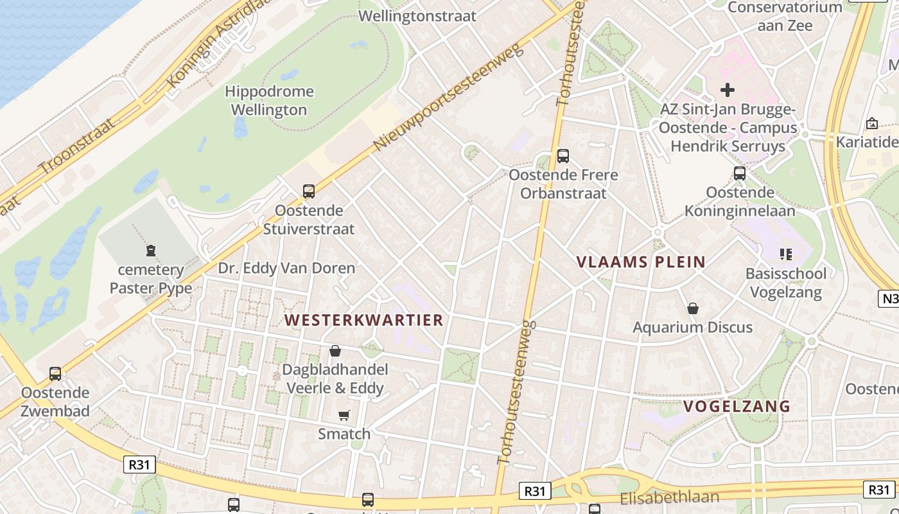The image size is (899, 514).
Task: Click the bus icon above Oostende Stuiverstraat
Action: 309,191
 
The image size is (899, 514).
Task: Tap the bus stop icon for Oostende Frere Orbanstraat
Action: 563,155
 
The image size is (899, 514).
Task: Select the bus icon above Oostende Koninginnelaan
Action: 740,173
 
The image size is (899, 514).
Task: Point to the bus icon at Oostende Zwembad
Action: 55,373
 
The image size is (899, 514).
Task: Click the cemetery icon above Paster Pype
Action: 151,250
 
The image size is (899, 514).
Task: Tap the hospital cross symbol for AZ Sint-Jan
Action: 727,89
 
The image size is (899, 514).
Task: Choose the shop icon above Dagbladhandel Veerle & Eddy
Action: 335,351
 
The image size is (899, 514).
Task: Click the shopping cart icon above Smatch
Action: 344,415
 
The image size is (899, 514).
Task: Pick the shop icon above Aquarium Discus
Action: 693,308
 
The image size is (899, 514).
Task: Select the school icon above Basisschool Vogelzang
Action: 785,254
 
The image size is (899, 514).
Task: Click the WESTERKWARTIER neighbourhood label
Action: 364,320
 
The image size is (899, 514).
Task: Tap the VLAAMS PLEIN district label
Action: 641,262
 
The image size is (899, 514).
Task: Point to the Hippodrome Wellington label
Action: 269,101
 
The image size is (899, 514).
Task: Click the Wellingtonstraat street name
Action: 417,16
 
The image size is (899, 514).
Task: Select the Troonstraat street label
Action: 76,146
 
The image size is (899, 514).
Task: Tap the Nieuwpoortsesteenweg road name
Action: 449,96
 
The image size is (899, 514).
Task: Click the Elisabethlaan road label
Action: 670,498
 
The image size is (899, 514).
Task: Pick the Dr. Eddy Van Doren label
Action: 286,268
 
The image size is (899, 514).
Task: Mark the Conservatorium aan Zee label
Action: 785,17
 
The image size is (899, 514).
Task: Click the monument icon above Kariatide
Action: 872,123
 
